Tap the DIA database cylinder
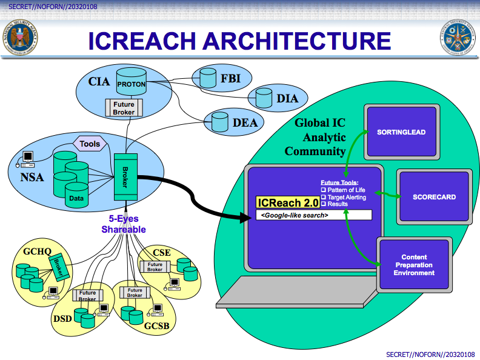click(x=264, y=98)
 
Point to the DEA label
click(x=245, y=123)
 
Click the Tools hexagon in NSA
click(x=90, y=144)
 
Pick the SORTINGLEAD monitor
click(x=401, y=132)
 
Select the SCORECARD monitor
click(x=434, y=197)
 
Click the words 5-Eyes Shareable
click(x=123, y=225)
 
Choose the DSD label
click(x=63, y=319)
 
